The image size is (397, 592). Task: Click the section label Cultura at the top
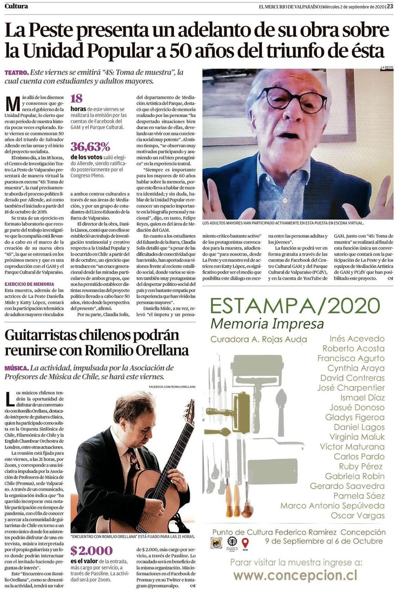[17, 6]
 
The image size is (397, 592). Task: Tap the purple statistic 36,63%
[90, 147]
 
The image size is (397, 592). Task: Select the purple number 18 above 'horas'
[76, 99]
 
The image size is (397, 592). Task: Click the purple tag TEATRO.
[16, 73]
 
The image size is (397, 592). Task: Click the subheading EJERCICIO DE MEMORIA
[29, 284]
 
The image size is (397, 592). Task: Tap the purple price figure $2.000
[91, 550]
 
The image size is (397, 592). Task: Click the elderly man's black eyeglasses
[291, 98]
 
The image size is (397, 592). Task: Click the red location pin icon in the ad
[245, 543]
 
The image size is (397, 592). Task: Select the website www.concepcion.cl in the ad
[295, 575]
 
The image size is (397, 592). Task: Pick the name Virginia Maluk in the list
[357, 437]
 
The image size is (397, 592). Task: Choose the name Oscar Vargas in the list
[358, 516]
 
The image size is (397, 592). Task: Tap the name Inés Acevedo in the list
[357, 338]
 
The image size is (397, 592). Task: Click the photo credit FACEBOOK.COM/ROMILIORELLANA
[172, 387]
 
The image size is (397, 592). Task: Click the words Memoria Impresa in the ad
[267, 324]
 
